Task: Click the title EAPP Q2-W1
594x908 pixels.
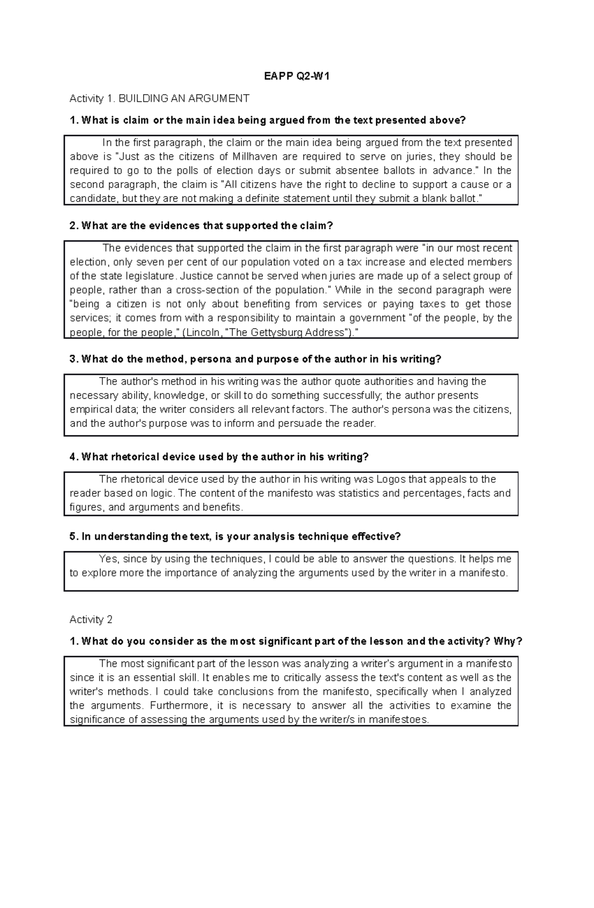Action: [297, 76]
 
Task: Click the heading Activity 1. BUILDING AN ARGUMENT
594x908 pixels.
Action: [159, 98]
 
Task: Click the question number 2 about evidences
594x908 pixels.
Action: [74, 226]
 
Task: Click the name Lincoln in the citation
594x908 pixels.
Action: [203, 332]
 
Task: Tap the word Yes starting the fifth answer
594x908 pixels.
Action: [108, 559]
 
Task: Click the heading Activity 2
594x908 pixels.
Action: [91, 620]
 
